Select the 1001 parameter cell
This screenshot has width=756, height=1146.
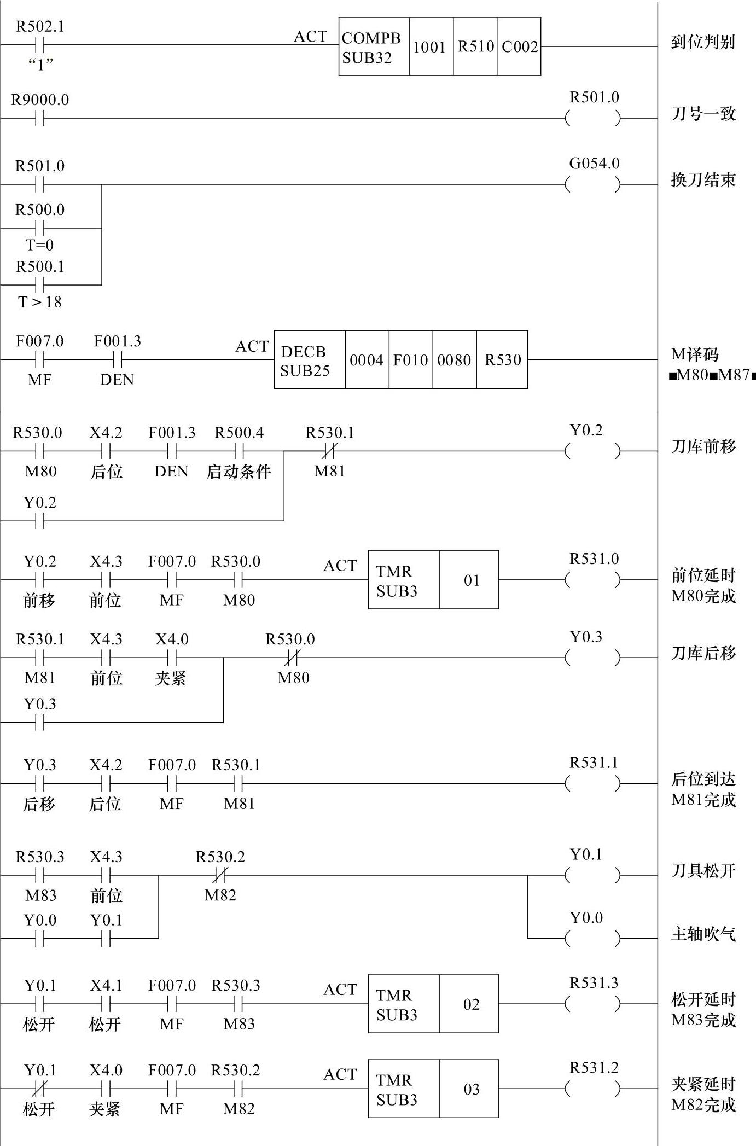tap(431, 47)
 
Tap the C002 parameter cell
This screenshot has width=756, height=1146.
tap(519, 47)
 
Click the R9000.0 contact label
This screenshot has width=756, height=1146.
tap(40, 100)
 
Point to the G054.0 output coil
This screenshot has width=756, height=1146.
tap(594, 185)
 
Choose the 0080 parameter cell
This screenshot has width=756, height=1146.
tap(454, 360)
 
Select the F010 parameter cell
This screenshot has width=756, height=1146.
tap(410, 360)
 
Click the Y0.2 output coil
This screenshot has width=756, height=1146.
tap(594, 451)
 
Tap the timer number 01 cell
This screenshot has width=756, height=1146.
tap(471, 580)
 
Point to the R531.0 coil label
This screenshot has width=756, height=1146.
tap(594, 559)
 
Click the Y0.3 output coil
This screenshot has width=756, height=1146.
tap(594, 658)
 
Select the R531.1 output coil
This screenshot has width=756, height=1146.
tap(594, 783)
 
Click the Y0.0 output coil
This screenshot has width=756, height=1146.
tap(594, 939)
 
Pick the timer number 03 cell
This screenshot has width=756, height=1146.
tap(471, 1089)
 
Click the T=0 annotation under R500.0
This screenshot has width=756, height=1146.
tap(39, 245)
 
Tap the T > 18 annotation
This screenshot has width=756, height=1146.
tap(39, 302)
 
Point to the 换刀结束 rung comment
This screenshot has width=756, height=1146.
tap(703, 180)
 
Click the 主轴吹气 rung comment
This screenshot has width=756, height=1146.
tap(703, 934)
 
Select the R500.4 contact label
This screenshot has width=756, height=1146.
tap(239, 433)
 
